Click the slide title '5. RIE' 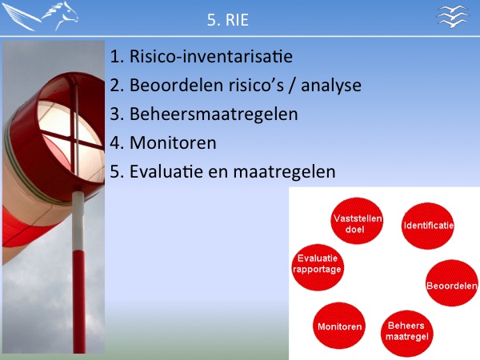(227, 20)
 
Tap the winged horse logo (40, 16)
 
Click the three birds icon (453, 16)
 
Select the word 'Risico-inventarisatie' (211, 57)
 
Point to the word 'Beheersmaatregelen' (214, 114)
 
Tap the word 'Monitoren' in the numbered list (173, 142)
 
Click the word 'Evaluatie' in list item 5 (166, 171)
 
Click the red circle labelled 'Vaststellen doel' (357, 221)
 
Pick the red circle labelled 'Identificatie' (428, 226)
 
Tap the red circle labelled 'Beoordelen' (452, 283)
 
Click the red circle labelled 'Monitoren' (339, 326)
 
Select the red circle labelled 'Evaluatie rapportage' (318, 267)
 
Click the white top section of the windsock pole (78, 221)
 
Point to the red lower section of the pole (79, 302)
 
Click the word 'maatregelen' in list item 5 (284, 172)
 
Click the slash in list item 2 (293, 86)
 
